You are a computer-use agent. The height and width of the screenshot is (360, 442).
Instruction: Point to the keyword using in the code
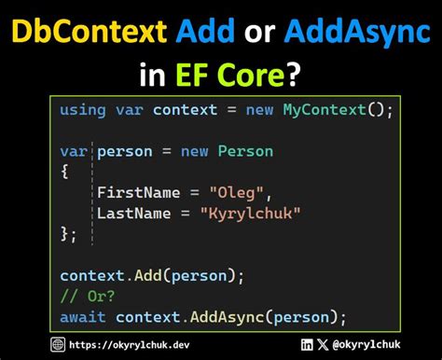[x=83, y=110]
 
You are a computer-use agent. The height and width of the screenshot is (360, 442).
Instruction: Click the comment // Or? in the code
[x=88, y=296]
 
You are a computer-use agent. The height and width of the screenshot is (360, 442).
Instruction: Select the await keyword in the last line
[x=83, y=316]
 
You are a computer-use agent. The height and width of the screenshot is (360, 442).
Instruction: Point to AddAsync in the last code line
[x=228, y=316]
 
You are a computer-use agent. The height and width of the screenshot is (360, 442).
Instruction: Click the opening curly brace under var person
[x=64, y=171]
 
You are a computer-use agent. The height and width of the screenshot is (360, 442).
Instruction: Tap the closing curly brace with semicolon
[x=69, y=233]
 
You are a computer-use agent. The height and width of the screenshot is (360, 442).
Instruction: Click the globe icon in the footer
[x=59, y=345]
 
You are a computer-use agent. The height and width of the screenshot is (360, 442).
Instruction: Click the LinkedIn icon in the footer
[x=308, y=345]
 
